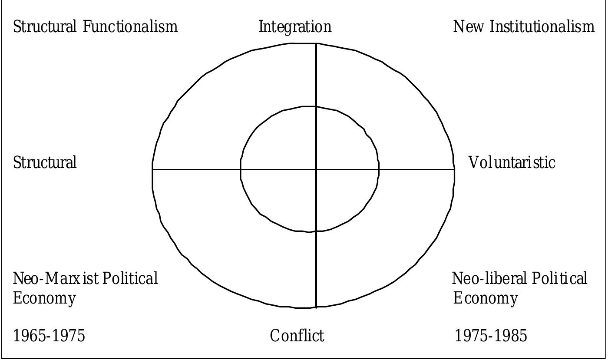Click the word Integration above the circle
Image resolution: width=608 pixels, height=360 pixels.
[x=295, y=27]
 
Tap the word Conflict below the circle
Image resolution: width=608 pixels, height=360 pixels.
[x=297, y=336]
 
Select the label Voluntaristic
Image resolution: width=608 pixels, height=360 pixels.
[x=512, y=162]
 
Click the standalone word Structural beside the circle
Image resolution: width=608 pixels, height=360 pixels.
[x=45, y=162]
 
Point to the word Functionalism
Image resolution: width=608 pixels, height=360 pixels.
[x=130, y=27]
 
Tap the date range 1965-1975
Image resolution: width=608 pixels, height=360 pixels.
[x=49, y=336]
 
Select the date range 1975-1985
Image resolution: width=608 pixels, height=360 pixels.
[x=491, y=336]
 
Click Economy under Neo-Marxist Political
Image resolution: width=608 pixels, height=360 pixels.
[x=44, y=298]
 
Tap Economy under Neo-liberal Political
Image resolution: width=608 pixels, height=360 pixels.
[x=486, y=298]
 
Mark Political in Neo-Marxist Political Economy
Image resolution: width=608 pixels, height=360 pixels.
[x=130, y=278]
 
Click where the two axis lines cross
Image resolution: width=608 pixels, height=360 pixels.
[x=316, y=169]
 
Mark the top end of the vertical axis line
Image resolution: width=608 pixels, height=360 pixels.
[x=316, y=44]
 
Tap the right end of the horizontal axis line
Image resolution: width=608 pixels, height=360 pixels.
[x=454, y=169]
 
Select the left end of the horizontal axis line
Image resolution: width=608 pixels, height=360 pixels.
[x=152, y=169]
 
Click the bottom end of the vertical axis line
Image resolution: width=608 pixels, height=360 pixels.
[x=316, y=307]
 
